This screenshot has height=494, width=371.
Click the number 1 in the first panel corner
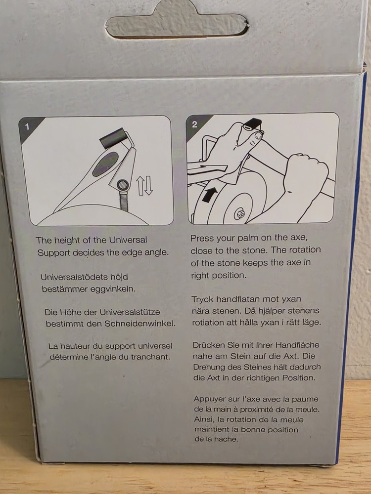[x=27, y=126]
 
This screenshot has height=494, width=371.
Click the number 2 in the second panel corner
[x=194, y=124]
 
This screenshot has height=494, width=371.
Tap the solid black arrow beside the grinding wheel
[x=209, y=195]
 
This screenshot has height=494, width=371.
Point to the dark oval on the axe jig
[x=105, y=164]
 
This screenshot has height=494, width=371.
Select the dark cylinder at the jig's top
[x=113, y=138]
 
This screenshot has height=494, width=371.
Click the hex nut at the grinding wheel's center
[x=239, y=213]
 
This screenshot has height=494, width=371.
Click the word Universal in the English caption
[x=128, y=240]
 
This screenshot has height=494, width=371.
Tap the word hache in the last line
[x=226, y=439]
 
